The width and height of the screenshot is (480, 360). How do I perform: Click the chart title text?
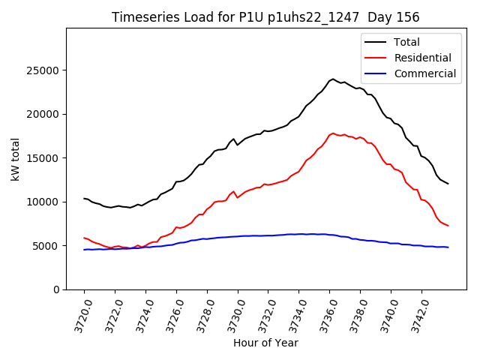[x=265, y=16]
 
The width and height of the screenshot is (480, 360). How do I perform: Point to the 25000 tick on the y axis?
[x=44, y=70]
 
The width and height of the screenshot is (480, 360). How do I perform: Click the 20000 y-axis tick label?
[x=44, y=114]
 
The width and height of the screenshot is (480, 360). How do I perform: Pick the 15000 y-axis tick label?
[x=44, y=158]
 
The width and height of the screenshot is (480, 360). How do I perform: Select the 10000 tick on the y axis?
[x=44, y=202]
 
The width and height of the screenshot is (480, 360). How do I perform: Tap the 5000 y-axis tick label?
[x=47, y=246]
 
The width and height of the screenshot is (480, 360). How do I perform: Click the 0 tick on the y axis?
[x=56, y=289]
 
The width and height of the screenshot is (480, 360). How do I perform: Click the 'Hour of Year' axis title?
[x=265, y=343]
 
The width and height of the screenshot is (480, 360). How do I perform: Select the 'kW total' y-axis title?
[x=15, y=159]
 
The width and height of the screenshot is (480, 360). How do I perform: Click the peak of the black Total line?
[x=332, y=79]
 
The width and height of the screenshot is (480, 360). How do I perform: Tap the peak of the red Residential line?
[x=332, y=133]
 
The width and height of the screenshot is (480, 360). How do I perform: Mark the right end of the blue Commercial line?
[x=448, y=247]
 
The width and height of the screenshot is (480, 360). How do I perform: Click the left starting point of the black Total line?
[x=84, y=199]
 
